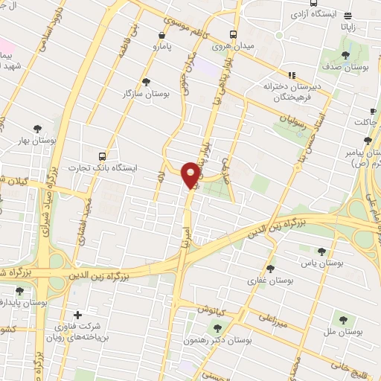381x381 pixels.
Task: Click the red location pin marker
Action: (x=191, y=174)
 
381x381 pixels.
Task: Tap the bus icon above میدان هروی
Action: (x=234, y=34)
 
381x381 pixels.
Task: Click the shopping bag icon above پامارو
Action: (x=162, y=34)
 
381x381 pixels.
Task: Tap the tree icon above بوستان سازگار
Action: (x=146, y=82)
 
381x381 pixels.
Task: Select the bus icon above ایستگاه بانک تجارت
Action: (x=102, y=156)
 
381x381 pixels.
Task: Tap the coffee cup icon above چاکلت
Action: (x=366, y=109)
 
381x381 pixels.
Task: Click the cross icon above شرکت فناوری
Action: (x=77, y=314)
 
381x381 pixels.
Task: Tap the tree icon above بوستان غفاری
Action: (x=269, y=268)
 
